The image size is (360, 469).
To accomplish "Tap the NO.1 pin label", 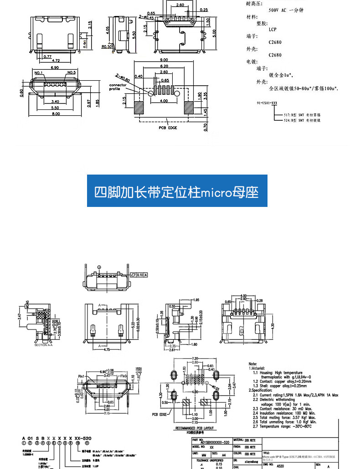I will pos(38,72).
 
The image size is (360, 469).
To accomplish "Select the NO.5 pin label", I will pos(71,72).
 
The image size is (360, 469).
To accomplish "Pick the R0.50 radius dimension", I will pos(107,46).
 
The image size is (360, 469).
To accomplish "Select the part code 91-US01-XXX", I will pos(267,103).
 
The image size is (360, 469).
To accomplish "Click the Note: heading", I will pos(253,364).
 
